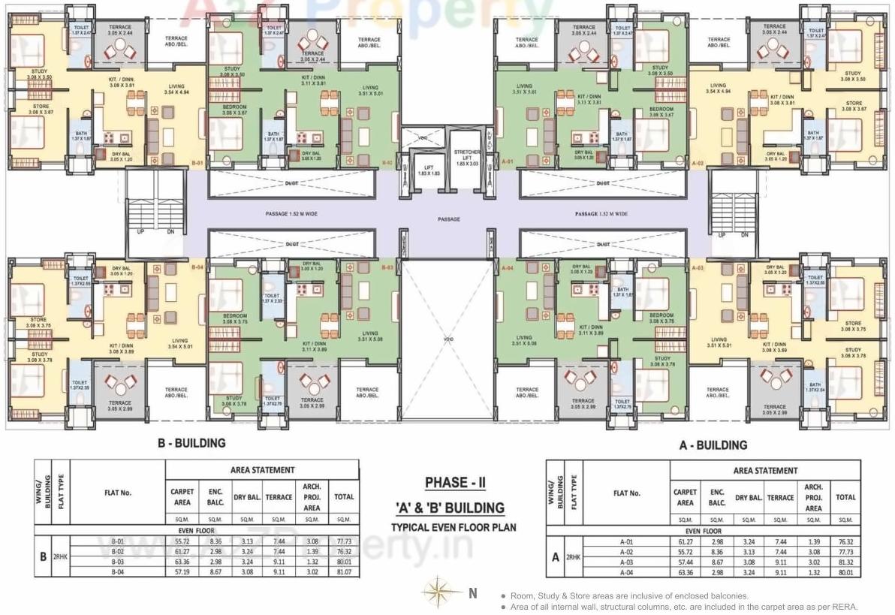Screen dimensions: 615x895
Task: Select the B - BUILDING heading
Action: (x=191, y=443)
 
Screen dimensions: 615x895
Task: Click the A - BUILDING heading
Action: (x=713, y=445)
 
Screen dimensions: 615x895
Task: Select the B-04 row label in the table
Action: (x=117, y=572)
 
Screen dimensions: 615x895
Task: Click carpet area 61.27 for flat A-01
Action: (x=685, y=541)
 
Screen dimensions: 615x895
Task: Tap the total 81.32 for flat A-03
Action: (x=845, y=562)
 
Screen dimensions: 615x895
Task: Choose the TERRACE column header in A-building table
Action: (x=780, y=498)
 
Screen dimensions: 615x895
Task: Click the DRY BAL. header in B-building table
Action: (x=247, y=497)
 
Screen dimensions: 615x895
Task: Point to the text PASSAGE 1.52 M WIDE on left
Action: (x=291, y=214)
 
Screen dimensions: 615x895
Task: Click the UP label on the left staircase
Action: (x=140, y=232)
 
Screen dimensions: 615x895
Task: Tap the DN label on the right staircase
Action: (x=744, y=235)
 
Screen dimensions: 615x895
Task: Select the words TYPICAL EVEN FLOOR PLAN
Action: (x=453, y=527)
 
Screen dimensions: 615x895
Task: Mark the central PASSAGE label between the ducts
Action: (x=449, y=219)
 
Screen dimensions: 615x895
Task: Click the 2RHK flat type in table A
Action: (x=573, y=557)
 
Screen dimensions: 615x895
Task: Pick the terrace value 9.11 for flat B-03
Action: (x=279, y=562)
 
